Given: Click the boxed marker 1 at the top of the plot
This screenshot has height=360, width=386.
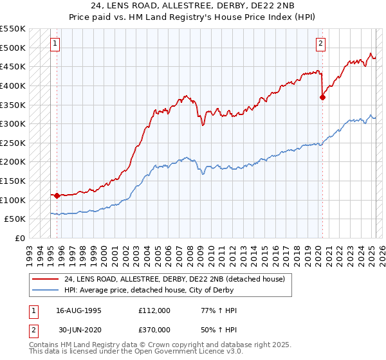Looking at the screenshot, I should (x=56, y=44).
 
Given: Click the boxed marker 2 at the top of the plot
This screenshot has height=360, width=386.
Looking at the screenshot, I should (x=320, y=44).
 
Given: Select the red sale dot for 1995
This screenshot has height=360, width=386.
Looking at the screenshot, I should (x=57, y=195).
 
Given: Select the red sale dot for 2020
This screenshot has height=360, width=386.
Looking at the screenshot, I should (x=323, y=97).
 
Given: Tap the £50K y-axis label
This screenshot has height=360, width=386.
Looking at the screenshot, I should (x=15, y=219).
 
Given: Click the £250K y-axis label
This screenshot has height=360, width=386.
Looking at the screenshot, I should (x=13, y=143).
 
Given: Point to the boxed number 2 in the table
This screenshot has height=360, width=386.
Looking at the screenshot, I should (x=33, y=330).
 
